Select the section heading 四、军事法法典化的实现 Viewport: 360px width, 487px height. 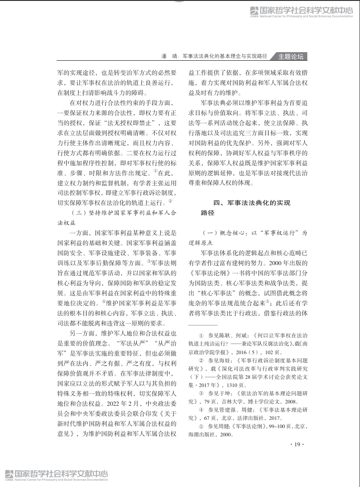point(252,203)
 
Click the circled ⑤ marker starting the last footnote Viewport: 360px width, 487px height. point(201,426)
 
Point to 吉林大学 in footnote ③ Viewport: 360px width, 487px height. point(241,401)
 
